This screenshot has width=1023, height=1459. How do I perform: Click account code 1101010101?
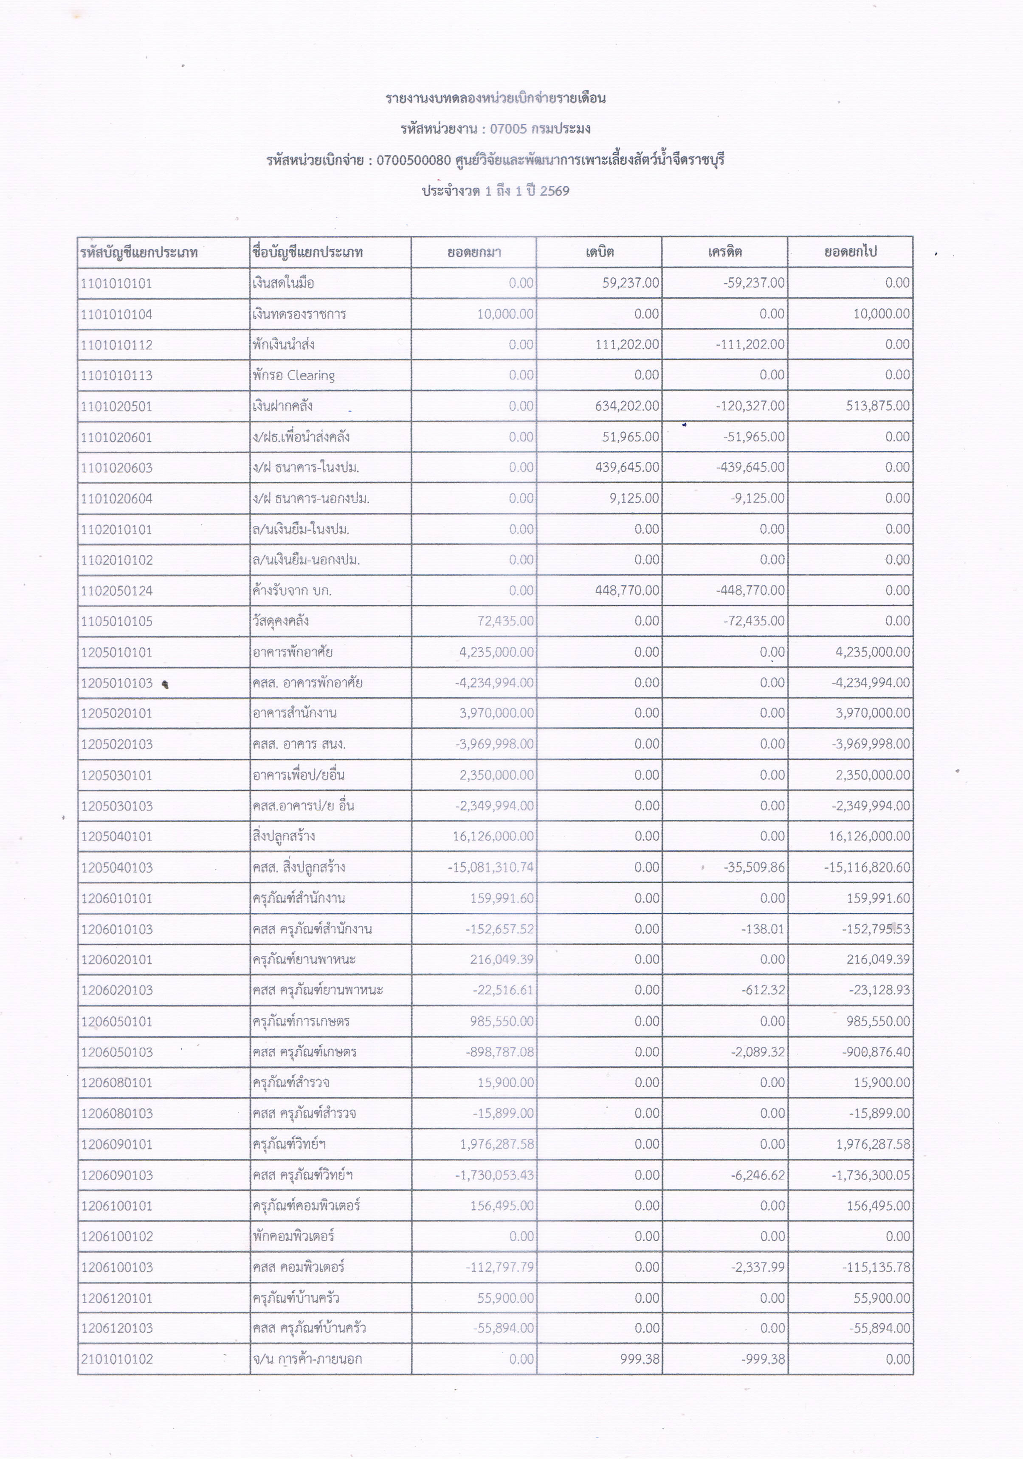[116, 283]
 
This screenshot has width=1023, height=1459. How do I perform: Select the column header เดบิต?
[599, 252]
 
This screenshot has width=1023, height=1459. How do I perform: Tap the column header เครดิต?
[724, 252]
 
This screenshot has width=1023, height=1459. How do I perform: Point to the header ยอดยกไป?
[850, 252]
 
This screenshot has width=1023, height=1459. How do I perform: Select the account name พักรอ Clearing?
[293, 375]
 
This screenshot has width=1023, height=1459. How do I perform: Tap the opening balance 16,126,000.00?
[493, 836]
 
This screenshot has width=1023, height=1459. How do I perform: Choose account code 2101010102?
[117, 1359]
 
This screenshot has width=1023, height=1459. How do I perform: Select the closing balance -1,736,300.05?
[871, 1175]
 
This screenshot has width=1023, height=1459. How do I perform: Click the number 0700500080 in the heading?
[414, 160]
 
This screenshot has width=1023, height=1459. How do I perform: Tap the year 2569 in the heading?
[554, 191]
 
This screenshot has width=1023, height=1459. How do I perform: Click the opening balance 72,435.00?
[505, 621]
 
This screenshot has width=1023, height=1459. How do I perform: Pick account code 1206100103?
[117, 1267]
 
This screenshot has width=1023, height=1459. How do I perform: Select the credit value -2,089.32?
[758, 1052]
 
